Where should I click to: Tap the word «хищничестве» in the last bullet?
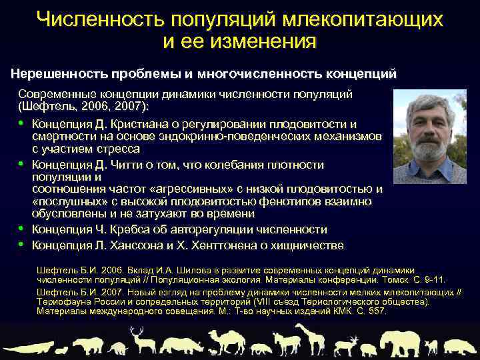(x=309, y=245)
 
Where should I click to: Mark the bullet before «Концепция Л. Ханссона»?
(x=22, y=245)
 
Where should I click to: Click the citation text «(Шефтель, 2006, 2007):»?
(x=85, y=107)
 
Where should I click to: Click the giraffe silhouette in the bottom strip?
(x=309, y=338)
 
